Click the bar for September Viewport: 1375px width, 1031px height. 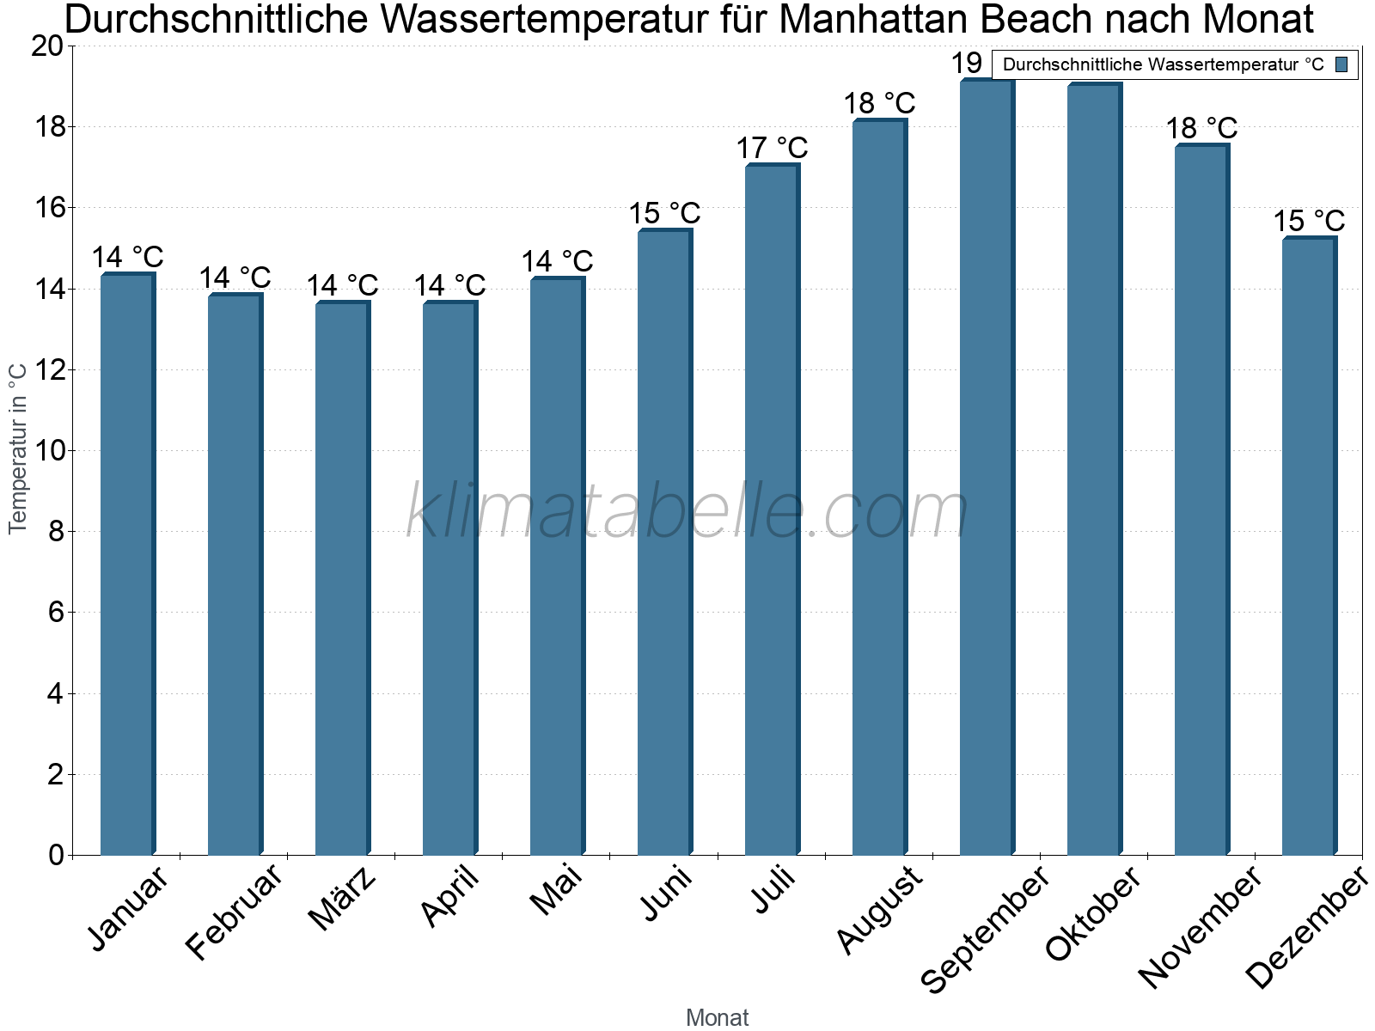[987, 467]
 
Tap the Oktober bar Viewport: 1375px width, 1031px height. [1094, 469]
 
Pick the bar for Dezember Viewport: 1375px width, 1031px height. [1309, 546]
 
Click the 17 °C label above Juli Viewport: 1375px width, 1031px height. [772, 149]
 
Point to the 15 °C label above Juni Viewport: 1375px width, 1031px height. [664, 213]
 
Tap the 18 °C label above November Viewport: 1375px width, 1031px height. [1201, 129]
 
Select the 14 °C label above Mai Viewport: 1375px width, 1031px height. [557, 261]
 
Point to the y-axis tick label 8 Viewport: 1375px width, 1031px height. [56, 532]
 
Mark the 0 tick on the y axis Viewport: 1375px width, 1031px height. [56, 855]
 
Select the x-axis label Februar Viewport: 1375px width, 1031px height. [234, 912]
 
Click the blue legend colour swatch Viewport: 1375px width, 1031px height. [1341, 64]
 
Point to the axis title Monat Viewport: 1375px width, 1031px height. [717, 1018]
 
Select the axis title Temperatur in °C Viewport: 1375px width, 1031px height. [18, 448]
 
